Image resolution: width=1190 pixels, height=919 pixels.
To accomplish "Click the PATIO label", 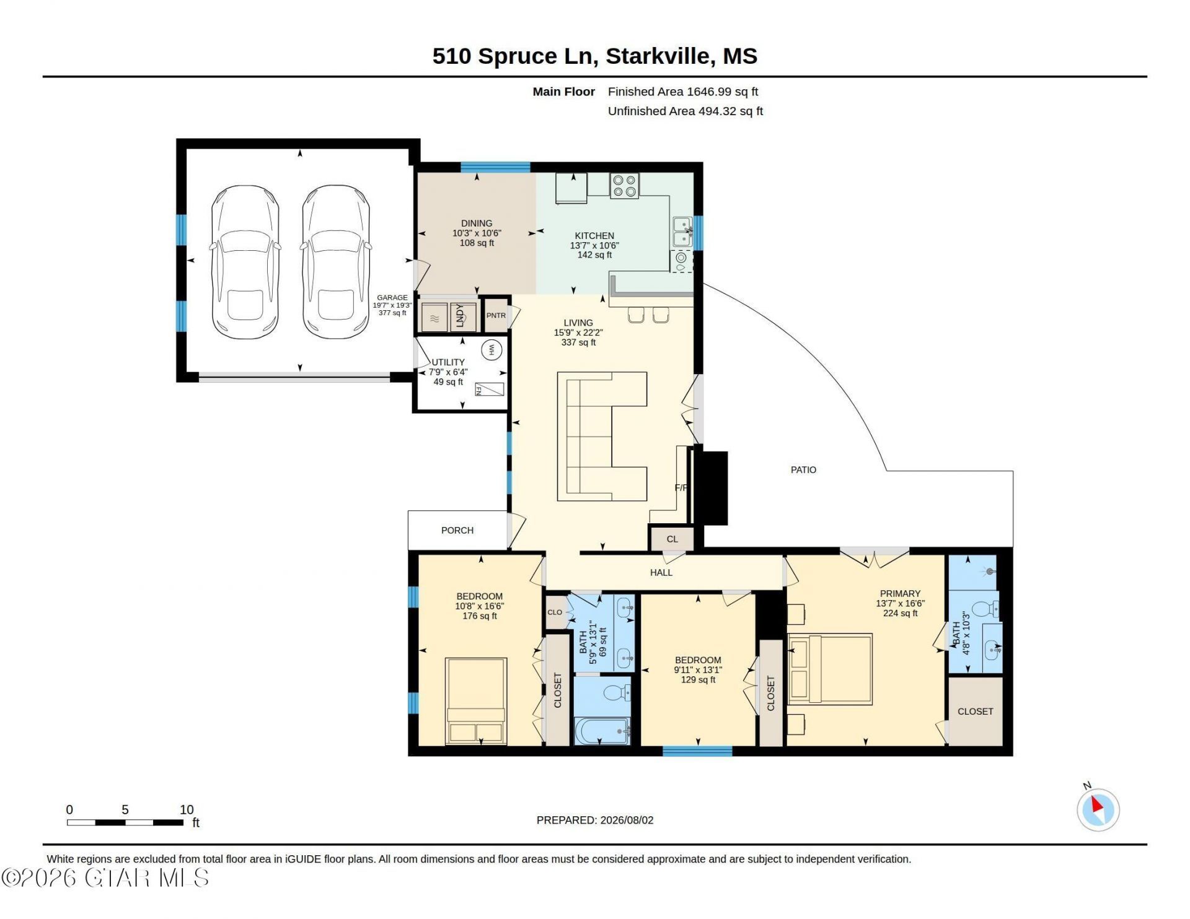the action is coord(803,470).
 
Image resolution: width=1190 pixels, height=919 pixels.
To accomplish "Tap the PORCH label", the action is coord(457,531).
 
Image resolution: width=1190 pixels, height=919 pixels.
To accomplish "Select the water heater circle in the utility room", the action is coord(491,350).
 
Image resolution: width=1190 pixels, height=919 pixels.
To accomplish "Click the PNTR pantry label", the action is coord(496,316).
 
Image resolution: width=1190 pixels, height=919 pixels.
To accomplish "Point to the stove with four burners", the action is coord(624,186).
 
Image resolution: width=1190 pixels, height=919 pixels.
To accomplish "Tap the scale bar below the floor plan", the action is coord(125,823).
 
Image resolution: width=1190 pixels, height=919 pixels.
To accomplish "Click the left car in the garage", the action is coord(245,262).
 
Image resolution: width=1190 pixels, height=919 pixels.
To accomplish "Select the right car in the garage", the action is coord(336,262).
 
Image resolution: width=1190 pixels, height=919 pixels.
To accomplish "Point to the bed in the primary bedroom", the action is coord(830,669).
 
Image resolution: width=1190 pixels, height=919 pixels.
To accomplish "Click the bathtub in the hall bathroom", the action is coord(602,731).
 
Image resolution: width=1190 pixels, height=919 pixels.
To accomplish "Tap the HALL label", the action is coord(661,573).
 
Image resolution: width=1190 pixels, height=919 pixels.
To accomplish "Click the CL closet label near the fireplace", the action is coord(672,539).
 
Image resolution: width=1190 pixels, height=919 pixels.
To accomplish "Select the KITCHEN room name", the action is coord(594,236).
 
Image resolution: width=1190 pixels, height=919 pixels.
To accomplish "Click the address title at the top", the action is coord(594,56).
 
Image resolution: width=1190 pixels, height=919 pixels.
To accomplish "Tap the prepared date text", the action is coord(595,821).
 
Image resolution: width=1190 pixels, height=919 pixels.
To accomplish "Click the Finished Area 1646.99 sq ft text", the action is coord(683,92).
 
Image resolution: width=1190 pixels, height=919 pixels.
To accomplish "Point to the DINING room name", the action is coord(477,224).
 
